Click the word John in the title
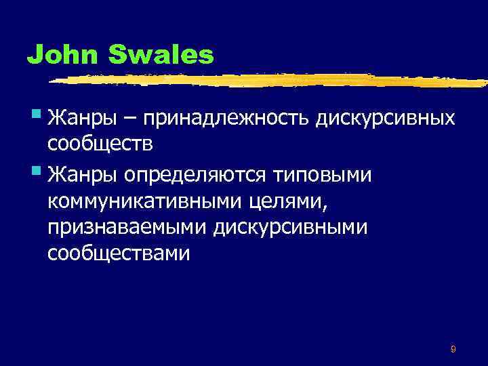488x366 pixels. pyautogui.click(x=58, y=54)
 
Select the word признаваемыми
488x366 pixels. pyautogui.click(x=127, y=228)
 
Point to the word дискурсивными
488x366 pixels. pyautogui.click(x=292, y=228)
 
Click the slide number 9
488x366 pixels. pyautogui.click(x=453, y=349)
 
